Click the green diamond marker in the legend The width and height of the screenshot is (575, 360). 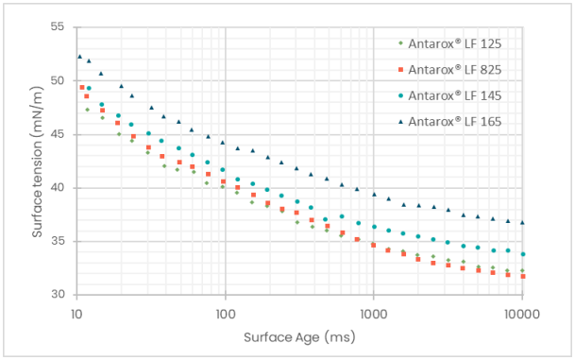pos(400,43)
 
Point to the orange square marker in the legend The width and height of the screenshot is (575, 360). pos(400,69)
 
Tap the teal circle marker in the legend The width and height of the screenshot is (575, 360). pos(400,95)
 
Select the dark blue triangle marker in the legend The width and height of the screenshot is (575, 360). pos(400,122)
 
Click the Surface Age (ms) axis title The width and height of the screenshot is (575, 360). pos(299,336)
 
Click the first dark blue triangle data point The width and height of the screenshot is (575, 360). pos(80,57)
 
